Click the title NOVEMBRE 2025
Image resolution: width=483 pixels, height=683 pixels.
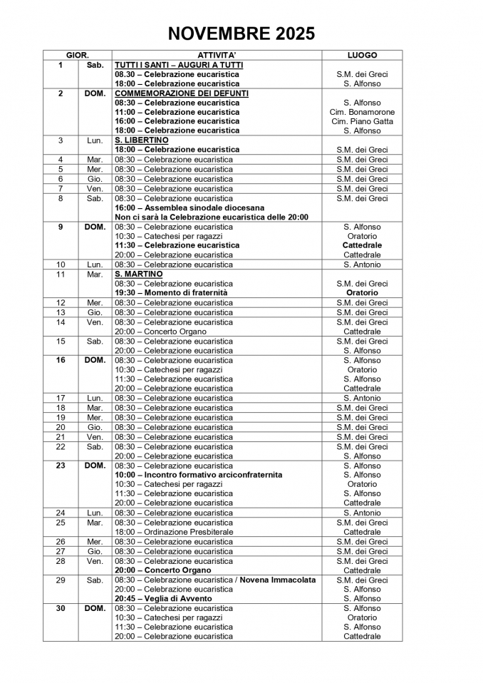click(241, 34)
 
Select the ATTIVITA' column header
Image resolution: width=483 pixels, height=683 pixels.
click(217, 55)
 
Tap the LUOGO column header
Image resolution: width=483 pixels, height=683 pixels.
click(362, 55)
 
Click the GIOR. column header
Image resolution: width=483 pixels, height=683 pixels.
click(77, 55)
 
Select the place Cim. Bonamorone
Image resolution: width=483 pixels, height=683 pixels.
click(362, 112)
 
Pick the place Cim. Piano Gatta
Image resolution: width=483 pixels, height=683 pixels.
click(362, 121)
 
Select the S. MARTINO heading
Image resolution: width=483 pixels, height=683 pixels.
click(139, 274)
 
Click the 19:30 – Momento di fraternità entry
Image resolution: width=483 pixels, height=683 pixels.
click(171, 292)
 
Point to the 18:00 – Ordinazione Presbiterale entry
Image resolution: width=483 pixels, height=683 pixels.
click(174, 532)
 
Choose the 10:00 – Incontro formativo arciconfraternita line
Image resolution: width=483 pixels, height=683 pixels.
click(199, 475)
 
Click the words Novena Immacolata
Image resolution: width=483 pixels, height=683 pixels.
click(278, 580)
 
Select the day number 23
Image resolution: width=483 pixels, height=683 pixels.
click(61, 466)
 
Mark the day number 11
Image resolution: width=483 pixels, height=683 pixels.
click(61, 274)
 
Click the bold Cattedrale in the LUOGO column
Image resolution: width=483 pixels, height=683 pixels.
click(362, 245)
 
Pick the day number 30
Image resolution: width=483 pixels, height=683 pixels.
click(61, 608)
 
